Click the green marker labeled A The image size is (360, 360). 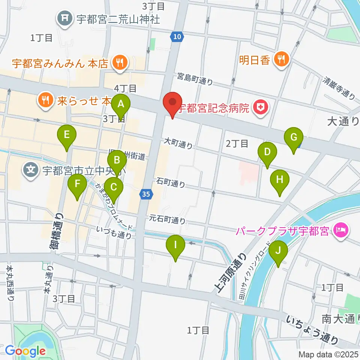tap(120, 105)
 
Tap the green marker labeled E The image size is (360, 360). tap(67, 135)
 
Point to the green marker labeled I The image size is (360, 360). tap(175, 245)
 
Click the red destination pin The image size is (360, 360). tap(172, 102)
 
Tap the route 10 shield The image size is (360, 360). tap(177, 36)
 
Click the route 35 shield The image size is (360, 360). tap(146, 194)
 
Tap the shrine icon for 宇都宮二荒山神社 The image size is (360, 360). tap(64, 17)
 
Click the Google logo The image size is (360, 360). tap(25, 351)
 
